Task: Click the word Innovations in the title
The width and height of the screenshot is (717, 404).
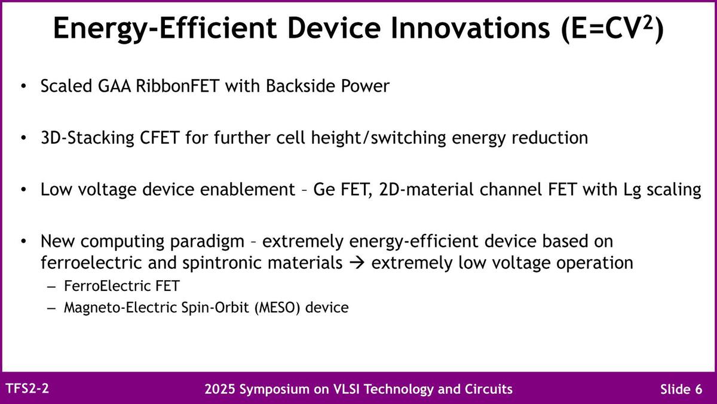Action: point(470,28)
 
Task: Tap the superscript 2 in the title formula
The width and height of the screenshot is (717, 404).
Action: point(648,23)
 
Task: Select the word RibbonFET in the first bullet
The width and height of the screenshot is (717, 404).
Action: point(177,86)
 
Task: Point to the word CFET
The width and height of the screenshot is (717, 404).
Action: point(160,138)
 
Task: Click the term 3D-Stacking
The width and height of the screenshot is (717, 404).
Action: point(87,138)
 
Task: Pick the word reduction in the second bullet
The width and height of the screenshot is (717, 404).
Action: point(550,138)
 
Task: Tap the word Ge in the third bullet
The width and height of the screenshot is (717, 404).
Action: point(324,190)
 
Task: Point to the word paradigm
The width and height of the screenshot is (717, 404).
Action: point(207,242)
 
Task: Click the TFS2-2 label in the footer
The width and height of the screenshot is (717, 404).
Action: point(27,388)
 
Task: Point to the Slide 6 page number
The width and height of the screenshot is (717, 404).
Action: point(681,389)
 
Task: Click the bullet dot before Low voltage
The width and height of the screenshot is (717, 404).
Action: point(23,190)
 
